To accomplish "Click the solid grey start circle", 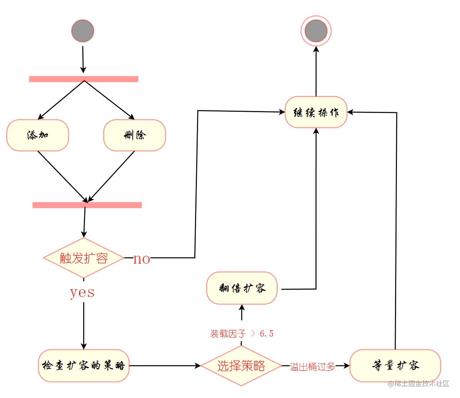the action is pyautogui.click(x=83, y=31).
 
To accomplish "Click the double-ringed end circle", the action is pyautogui.click(x=316, y=31).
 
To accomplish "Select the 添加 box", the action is pyautogui.click(x=38, y=135).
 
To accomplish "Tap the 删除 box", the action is pyautogui.click(x=135, y=135).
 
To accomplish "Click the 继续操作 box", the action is pyautogui.click(x=316, y=112).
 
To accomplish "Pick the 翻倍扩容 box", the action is pyautogui.click(x=242, y=288).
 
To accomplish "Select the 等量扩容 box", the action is pyautogui.click(x=395, y=365).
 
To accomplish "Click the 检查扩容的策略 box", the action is pyautogui.click(x=83, y=365).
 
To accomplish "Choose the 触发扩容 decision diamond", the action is pyautogui.click(x=83, y=258).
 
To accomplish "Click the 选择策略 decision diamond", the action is pyautogui.click(x=241, y=366).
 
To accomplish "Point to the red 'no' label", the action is pyautogui.click(x=142, y=259).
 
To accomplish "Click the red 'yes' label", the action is pyautogui.click(x=82, y=292).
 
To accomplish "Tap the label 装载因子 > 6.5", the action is pyautogui.click(x=242, y=333).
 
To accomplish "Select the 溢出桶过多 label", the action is pyautogui.click(x=312, y=366).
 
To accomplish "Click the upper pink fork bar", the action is pyautogui.click(x=83, y=79).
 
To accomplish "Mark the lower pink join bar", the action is pyautogui.click(x=87, y=205).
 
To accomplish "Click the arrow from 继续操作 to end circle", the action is pyautogui.click(x=316, y=71).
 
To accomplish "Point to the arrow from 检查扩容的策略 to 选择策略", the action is pyautogui.click(x=165, y=365).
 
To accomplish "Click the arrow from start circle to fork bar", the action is pyautogui.click(x=83, y=60).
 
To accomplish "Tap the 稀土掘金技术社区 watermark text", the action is pyautogui.click(x=419, y=383).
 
